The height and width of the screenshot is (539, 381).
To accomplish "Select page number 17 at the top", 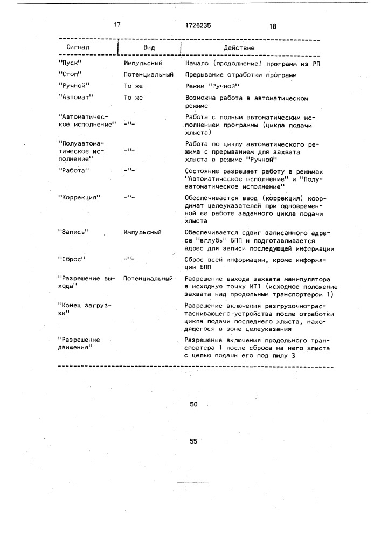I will tap(117, 24).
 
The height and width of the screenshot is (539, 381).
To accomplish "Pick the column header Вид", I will tap(149, 48).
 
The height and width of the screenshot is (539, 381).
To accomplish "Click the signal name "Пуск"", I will tap(69, 63).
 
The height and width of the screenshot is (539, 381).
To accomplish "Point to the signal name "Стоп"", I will tap(69, 74).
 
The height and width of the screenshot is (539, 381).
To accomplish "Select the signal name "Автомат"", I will tap(76, 97).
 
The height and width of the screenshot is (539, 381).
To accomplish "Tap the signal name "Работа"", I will tap(74, 170).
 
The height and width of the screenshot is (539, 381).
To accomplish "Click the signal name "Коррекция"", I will tap(80, 197).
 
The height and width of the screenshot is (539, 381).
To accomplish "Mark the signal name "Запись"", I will tap(73, 232).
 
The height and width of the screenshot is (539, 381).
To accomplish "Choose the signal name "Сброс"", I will tap(71, 259).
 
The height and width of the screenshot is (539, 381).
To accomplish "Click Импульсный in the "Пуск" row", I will tap(143, 63).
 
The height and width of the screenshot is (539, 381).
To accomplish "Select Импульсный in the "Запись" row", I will tap(143, 232).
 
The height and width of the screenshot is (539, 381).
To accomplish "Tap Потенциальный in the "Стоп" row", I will tap(148, 74).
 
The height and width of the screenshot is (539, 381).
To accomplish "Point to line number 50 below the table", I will tap(194, 404).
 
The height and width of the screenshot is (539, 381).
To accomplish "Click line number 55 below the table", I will tap(194, 441).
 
